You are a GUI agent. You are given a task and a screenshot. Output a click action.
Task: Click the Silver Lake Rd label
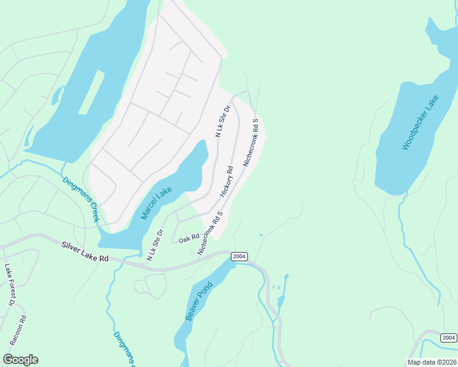coord(84,251)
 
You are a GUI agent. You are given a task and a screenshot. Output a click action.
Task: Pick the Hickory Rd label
coord(227,182)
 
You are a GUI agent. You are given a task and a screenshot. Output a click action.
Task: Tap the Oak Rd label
coord(189,239)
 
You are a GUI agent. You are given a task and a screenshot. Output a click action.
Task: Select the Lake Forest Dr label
coord(9,285)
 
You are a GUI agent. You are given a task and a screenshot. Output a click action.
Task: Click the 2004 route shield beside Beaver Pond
coord(239,257)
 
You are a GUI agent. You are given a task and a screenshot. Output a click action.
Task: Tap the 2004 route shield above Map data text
coord(448,338)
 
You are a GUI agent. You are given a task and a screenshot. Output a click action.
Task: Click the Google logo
coord(20,360)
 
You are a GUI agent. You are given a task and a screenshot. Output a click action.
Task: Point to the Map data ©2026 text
coord(432,362)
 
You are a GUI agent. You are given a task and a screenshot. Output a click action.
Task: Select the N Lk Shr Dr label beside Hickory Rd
coord(222,121)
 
